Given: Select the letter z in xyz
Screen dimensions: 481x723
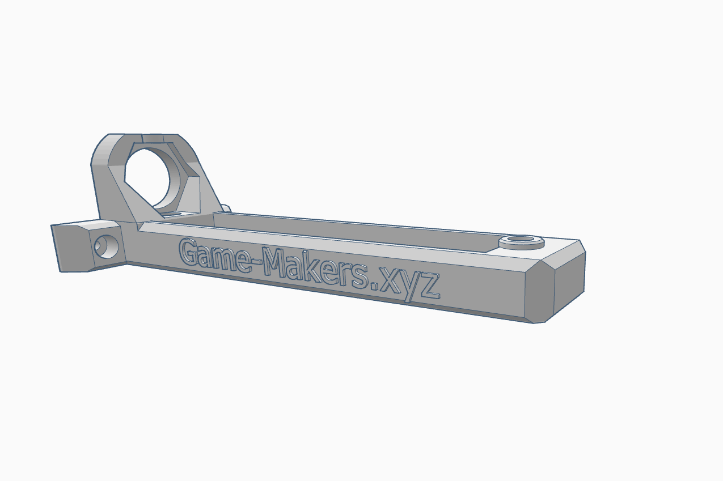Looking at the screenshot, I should click(x=430, y=288).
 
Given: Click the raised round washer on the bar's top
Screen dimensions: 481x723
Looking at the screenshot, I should click(x=521, y=242).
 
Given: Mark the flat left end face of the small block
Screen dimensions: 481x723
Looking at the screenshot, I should click(x=71, y=248).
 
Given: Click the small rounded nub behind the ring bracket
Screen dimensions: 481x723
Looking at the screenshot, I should click(x=226, y=208).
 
